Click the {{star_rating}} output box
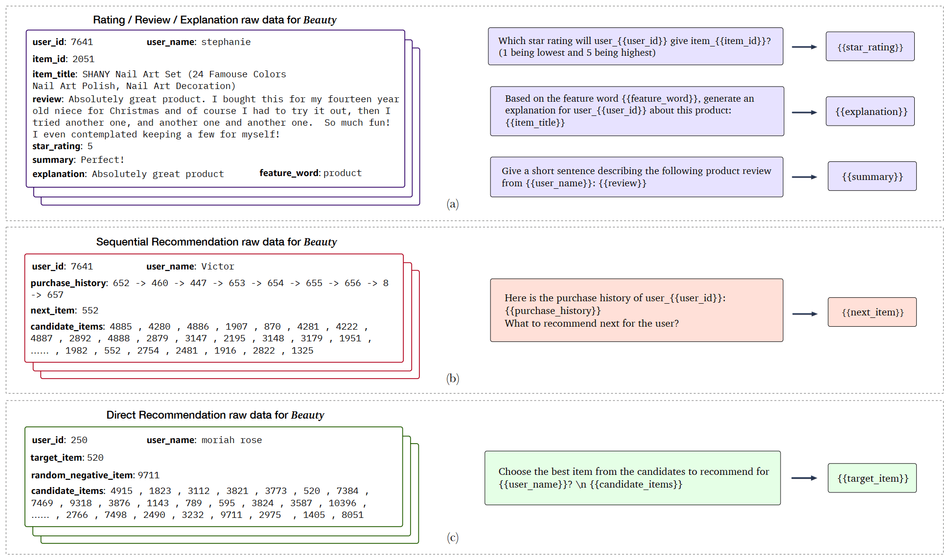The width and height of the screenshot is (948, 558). pyautogui.click(x=870, y=47)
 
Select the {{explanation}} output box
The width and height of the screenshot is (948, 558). pyautogui.click(x=870, y=112)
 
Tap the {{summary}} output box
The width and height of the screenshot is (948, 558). pyautogui.click(x=872, y=177)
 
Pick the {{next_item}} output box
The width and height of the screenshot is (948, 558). pyautogui.click(x=872, y=312)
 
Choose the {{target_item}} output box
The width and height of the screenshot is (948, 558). pyautogui.click(x=872, y=478)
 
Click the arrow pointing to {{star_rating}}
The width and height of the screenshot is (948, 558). pyautogui.click(x=804, y=47)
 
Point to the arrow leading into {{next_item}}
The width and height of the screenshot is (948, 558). pyautogui.click(x=805, y=314)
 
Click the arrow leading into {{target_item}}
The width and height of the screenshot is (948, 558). pyautogui.click(x=804, y=478)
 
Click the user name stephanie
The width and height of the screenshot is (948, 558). pyautogui.click(x=226, y=42)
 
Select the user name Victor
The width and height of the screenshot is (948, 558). pyautogui.click(x=218, y=267)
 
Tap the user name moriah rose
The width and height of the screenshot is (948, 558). pyautogui.click(x=231, y=440)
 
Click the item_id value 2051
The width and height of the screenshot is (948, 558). pyautogui.click(x=83, y=59)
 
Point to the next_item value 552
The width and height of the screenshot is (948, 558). pyautogui.click(x=90, y=311)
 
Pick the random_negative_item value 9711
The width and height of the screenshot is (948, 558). pyautogui.click(x=148, y=475)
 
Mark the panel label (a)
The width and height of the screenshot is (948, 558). pyautogui.click(x=453, y=204)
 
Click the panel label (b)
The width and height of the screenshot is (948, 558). pyautogui.click(x=453, y=379)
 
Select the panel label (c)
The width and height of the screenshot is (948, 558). pyautogui.click(x=453, y=538)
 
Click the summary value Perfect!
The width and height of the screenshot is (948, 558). pyautogui.click(x=102, y=160)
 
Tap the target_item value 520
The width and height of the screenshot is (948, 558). pyautogui.click(x=95, y=458)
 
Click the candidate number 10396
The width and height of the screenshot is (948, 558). pyautogui.click(x=342, y=503)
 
